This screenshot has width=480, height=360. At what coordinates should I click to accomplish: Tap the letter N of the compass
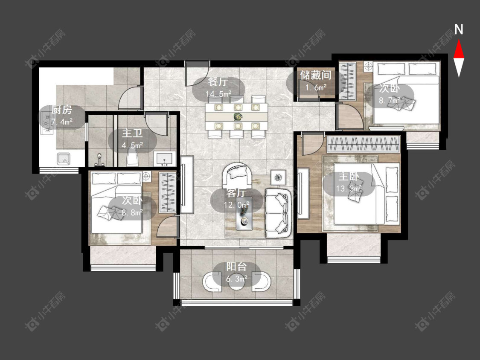459,29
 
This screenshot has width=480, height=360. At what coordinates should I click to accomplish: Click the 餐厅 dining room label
218,82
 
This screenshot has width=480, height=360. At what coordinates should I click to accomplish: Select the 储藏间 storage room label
316,75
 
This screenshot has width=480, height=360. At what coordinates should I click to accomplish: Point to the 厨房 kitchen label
61,110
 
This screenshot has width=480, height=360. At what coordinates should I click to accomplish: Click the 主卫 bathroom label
132,134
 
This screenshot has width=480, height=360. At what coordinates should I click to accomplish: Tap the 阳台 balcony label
236,267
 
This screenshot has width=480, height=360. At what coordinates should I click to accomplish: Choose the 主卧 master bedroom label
349,177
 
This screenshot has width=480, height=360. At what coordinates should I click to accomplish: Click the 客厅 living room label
236,193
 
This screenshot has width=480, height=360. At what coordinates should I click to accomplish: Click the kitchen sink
64,159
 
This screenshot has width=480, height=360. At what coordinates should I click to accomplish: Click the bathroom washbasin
165,159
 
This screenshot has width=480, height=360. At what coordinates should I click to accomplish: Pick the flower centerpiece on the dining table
237,116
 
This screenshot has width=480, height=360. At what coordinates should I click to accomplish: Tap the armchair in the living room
238,175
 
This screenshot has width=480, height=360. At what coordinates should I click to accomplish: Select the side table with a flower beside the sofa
278,177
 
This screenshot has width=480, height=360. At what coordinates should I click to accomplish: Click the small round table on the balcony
236,282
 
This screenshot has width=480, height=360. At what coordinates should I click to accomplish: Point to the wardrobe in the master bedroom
364,144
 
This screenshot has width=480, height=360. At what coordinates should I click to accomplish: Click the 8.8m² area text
132,212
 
